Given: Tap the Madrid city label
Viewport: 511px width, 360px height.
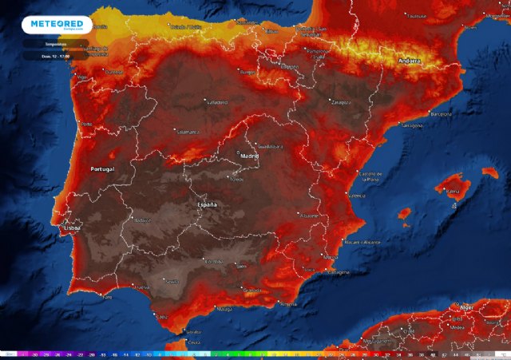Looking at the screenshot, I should coord(250,156).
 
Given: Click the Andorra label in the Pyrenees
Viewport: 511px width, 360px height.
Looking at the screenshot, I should coord(409,61).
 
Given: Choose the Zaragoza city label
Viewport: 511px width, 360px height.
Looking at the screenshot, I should coord(341,103).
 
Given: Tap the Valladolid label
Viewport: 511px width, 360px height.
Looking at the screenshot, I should coord(216,102).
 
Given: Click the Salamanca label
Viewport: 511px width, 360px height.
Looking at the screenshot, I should coord(187,131).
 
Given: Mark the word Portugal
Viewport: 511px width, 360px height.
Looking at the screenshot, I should coord(103,169).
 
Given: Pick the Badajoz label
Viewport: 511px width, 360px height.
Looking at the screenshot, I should coord(142,220).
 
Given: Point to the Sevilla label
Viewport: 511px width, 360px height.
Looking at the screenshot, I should coord(171,282).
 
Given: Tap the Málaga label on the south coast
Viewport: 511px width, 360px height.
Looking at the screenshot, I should coord(224,308).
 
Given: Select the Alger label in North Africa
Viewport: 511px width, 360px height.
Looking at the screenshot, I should coord(468,307).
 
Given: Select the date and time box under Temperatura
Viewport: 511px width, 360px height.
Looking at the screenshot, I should coord(45,56).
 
